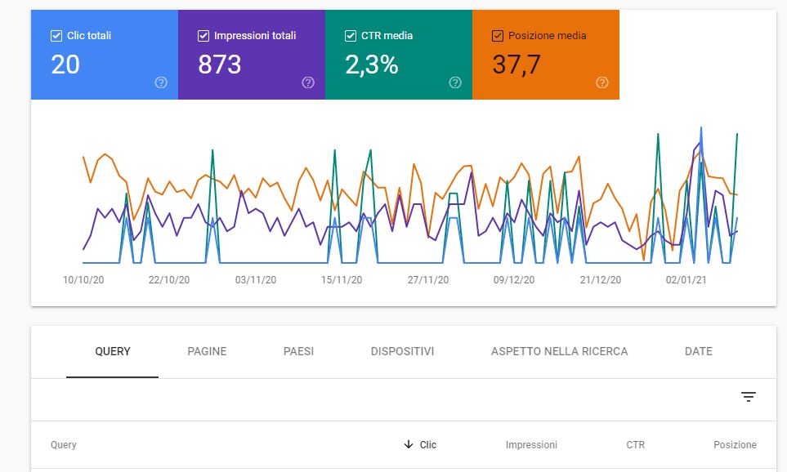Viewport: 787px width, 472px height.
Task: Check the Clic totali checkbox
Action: point(56,36)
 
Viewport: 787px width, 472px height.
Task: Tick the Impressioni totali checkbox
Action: point(203,36)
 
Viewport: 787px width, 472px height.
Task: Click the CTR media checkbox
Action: point(351,36)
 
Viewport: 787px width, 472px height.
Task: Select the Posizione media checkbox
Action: point(498,36)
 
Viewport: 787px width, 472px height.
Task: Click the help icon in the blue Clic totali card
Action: point(161,82)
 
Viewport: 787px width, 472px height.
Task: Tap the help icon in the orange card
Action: point(602,82)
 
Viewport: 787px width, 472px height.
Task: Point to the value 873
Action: point(219,65)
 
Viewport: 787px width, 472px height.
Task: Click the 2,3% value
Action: point(371,65)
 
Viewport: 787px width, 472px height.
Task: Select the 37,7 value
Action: point(516,65)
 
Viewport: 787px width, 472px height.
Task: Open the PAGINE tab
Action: point(207,352)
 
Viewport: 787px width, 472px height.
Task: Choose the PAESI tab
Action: point(298,352)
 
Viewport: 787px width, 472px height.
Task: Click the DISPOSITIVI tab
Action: point(403,352)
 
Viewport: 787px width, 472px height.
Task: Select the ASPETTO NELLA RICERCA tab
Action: point(560,352)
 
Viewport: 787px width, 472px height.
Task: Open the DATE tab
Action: point(699,352)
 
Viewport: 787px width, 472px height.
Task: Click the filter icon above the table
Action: point(749,397)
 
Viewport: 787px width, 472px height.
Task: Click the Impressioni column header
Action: point(531,445)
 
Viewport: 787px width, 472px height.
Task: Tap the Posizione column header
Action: point(736,445)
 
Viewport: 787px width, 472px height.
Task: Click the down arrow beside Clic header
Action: point(409,444)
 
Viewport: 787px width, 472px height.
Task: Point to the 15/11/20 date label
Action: point(342,280)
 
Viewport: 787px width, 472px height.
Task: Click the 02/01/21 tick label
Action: point(686,280)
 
